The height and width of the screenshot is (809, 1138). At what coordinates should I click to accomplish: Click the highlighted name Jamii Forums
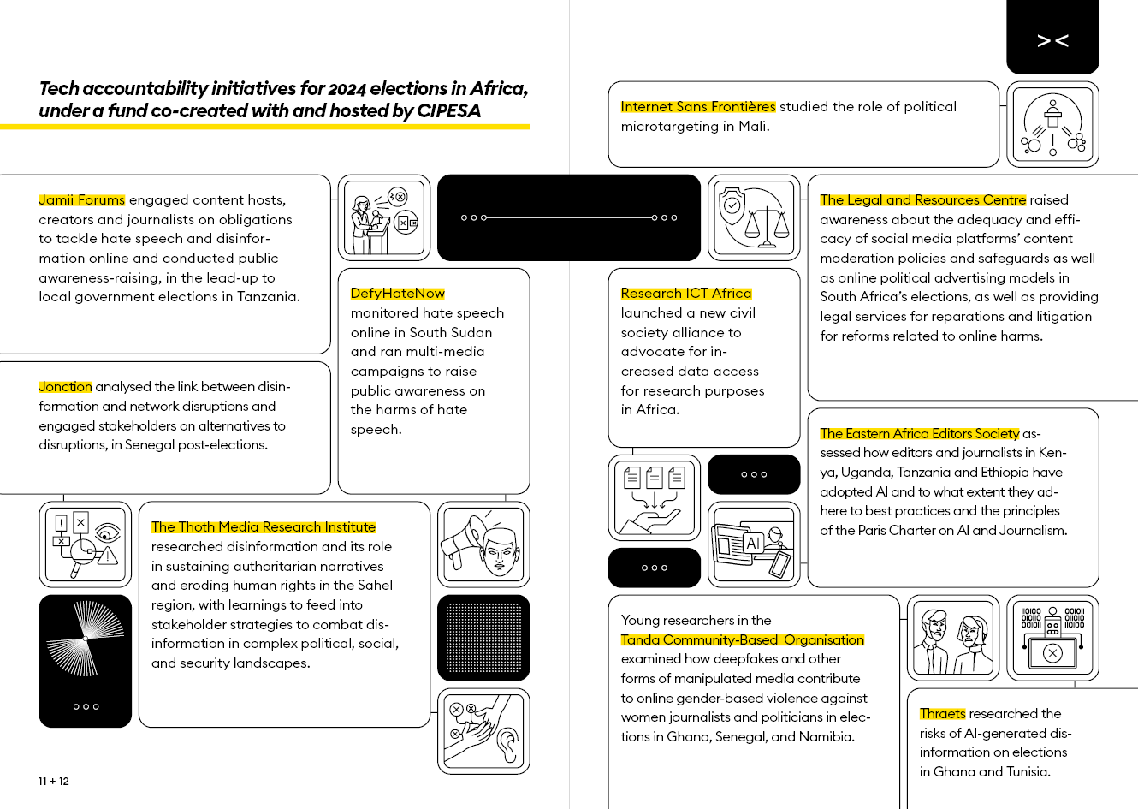(82, 200)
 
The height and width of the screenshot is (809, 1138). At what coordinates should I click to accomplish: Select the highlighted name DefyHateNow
(398, 294)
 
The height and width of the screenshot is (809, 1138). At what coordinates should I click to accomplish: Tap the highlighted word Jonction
(65, 387)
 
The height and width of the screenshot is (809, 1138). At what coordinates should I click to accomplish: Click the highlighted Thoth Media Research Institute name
(264, 527)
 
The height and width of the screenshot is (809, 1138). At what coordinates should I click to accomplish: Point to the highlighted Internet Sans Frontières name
(698, 107)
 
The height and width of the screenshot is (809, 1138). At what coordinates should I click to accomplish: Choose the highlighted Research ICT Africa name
(686, 294)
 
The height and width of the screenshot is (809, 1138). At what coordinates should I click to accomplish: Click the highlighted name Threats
(942, 714)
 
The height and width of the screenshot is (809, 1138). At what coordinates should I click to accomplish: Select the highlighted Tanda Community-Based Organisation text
(743, 640)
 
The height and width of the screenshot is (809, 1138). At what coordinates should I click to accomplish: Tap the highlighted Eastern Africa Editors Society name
(920, 434)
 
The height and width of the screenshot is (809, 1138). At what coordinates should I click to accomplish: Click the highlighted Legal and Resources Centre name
(922, 200)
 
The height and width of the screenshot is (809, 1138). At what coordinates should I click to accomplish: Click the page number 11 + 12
(54, 782)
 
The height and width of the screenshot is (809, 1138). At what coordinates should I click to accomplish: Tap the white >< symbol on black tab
(1052, 40)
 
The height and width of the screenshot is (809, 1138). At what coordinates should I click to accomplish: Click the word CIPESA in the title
(448, 111)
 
